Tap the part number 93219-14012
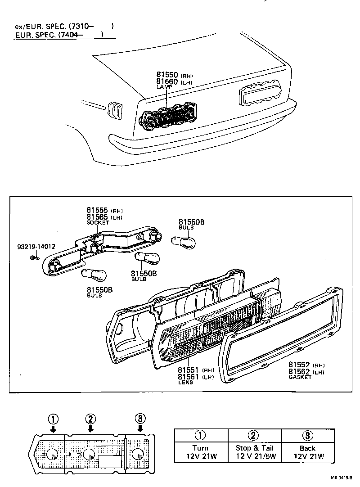point(36,247)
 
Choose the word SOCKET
point(98,222)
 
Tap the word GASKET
point(300,377)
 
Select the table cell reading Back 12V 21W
point(307,452)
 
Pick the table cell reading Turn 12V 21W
point(200,452)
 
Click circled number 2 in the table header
point(254,435)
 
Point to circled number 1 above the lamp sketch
point(53,419)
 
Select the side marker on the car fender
point(115,110)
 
